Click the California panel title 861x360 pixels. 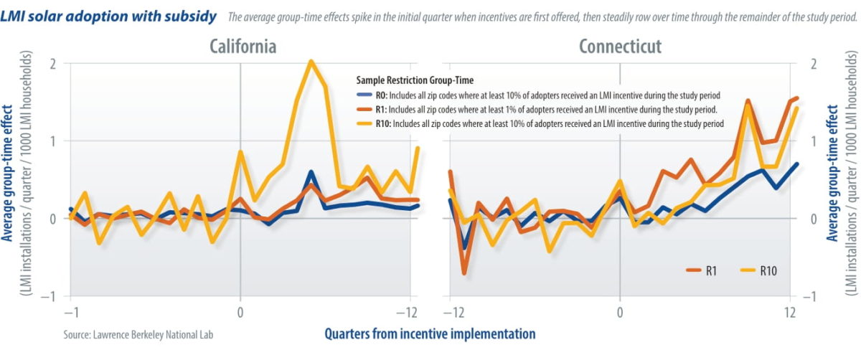[x=243, y=47]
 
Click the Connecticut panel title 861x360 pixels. [x=620, y=47]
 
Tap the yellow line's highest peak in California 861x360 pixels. [x=311, y=61]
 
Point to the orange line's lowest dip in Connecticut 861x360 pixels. [x=464, y=273]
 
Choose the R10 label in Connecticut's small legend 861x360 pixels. [x=766, y=270]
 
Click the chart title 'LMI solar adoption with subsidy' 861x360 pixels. [x=109, y=16]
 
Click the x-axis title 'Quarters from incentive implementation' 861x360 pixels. [x=429, y=333]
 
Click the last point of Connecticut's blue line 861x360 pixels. [x=797, y=164]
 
